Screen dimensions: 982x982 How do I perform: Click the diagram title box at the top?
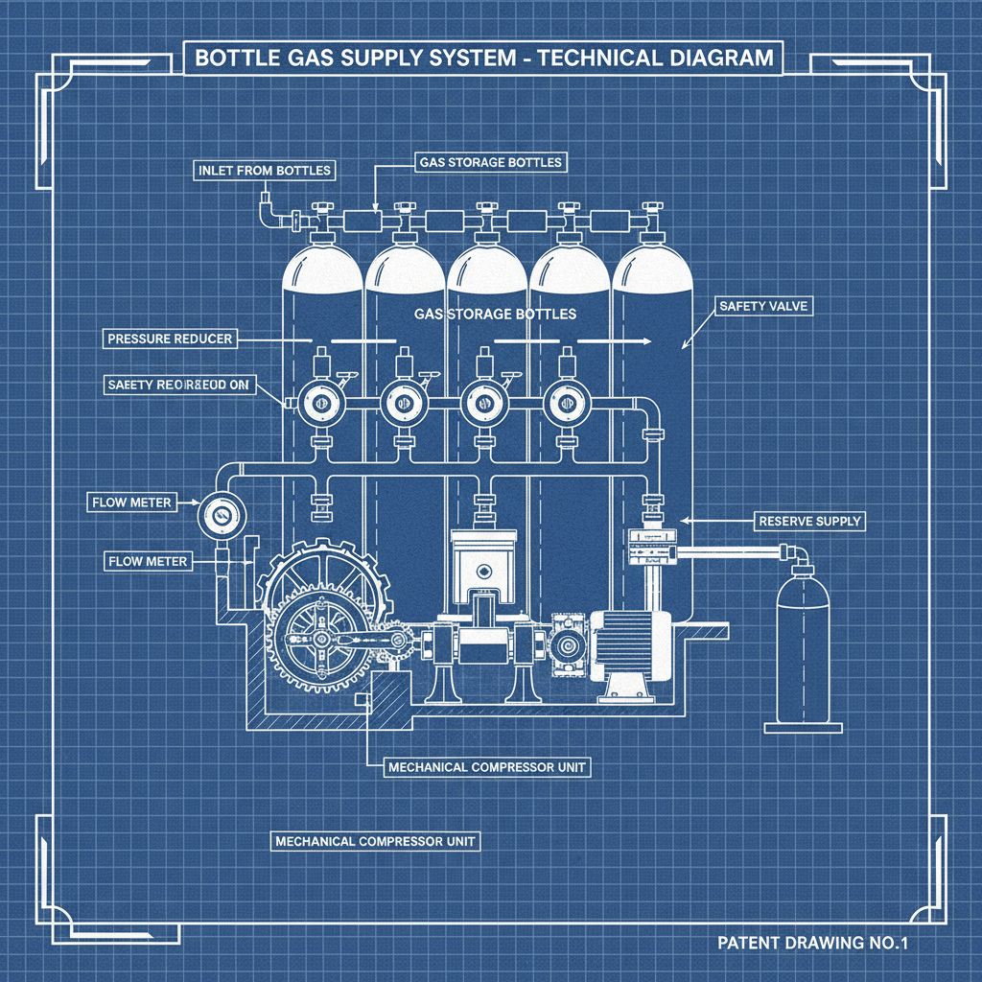[x=483, y=58]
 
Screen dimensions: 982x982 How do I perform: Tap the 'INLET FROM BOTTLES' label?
[x=264, y=171]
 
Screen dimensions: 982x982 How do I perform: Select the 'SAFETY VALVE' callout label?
[x=763, y=307]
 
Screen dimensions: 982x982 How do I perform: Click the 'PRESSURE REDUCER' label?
[x=170, y=339]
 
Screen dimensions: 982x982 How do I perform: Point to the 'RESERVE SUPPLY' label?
[x=809, y=522]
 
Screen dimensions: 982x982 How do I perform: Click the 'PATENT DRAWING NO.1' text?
[x=811, y=943]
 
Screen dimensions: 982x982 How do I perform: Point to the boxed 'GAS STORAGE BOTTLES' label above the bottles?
[x=490, y=162]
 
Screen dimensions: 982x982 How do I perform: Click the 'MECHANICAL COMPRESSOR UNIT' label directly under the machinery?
[x=486, y=767]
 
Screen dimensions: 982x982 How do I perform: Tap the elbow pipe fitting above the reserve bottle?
[x=795, y=553]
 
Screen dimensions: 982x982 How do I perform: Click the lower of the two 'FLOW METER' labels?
[x=148, y=561]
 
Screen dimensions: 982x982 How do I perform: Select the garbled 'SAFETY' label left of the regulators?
[x=175, y=386]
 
